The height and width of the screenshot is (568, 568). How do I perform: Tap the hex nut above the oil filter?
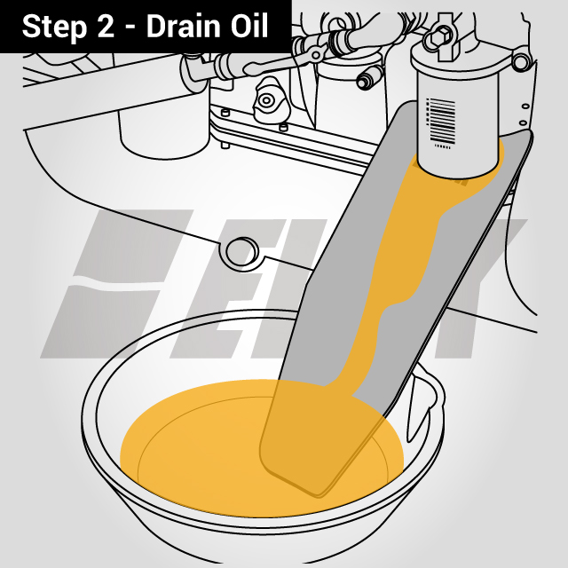[x=441, y=37]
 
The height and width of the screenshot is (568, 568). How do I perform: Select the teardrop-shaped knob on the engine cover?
[x=266, y=103]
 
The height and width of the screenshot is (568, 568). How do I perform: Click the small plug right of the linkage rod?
[x=363, y=80]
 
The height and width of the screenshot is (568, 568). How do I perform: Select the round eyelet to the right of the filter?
[x=522, y=60]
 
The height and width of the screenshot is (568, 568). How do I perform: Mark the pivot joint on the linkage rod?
[x=313, y=54]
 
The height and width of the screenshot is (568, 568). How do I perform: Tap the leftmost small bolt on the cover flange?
[x=225, y=113]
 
